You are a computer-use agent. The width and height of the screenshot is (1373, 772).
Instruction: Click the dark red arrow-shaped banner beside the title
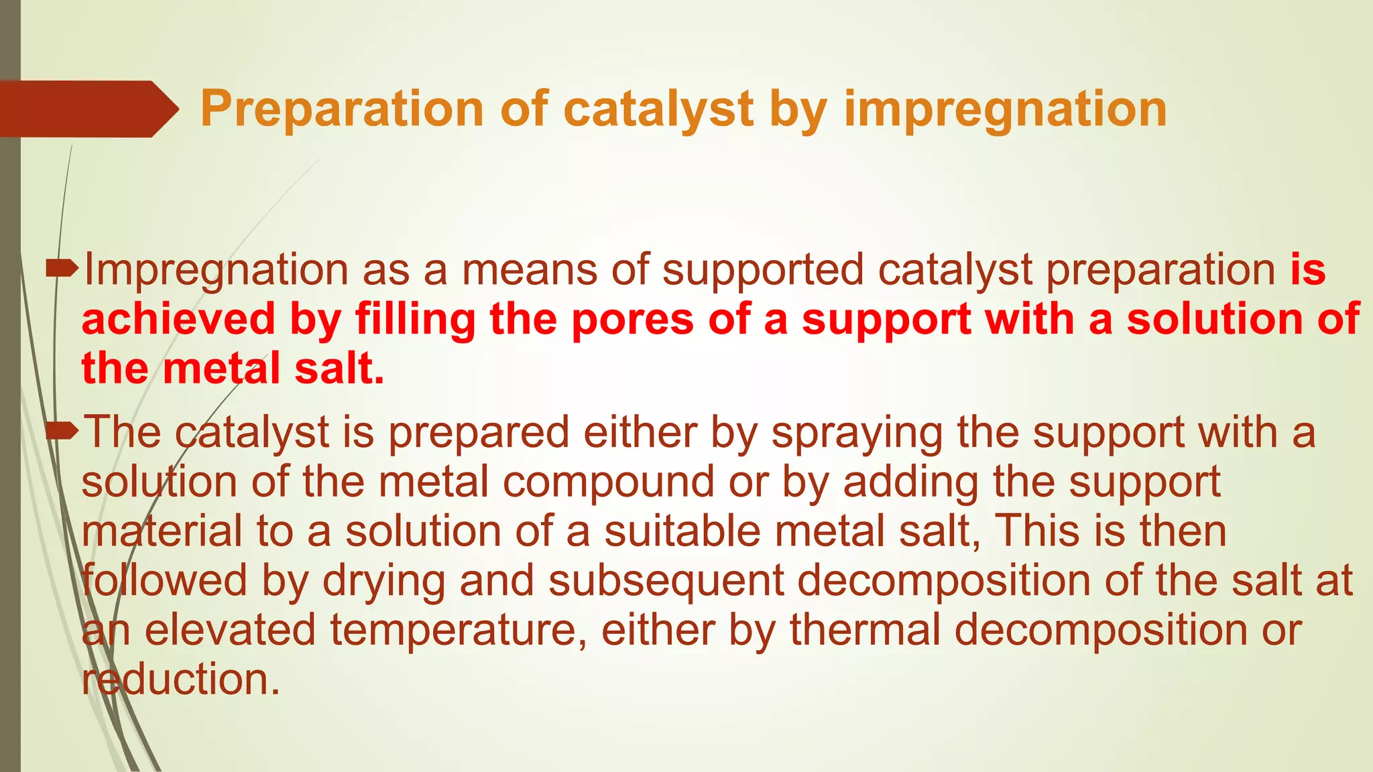pos(87,109)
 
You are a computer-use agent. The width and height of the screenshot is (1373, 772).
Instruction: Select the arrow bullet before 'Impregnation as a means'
pos(62,269)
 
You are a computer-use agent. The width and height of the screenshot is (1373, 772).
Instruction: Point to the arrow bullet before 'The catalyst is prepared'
pos(62,432)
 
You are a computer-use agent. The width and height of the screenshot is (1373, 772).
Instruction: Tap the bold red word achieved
pos(178,318)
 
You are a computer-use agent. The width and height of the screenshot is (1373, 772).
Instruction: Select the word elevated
pos(230,630)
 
